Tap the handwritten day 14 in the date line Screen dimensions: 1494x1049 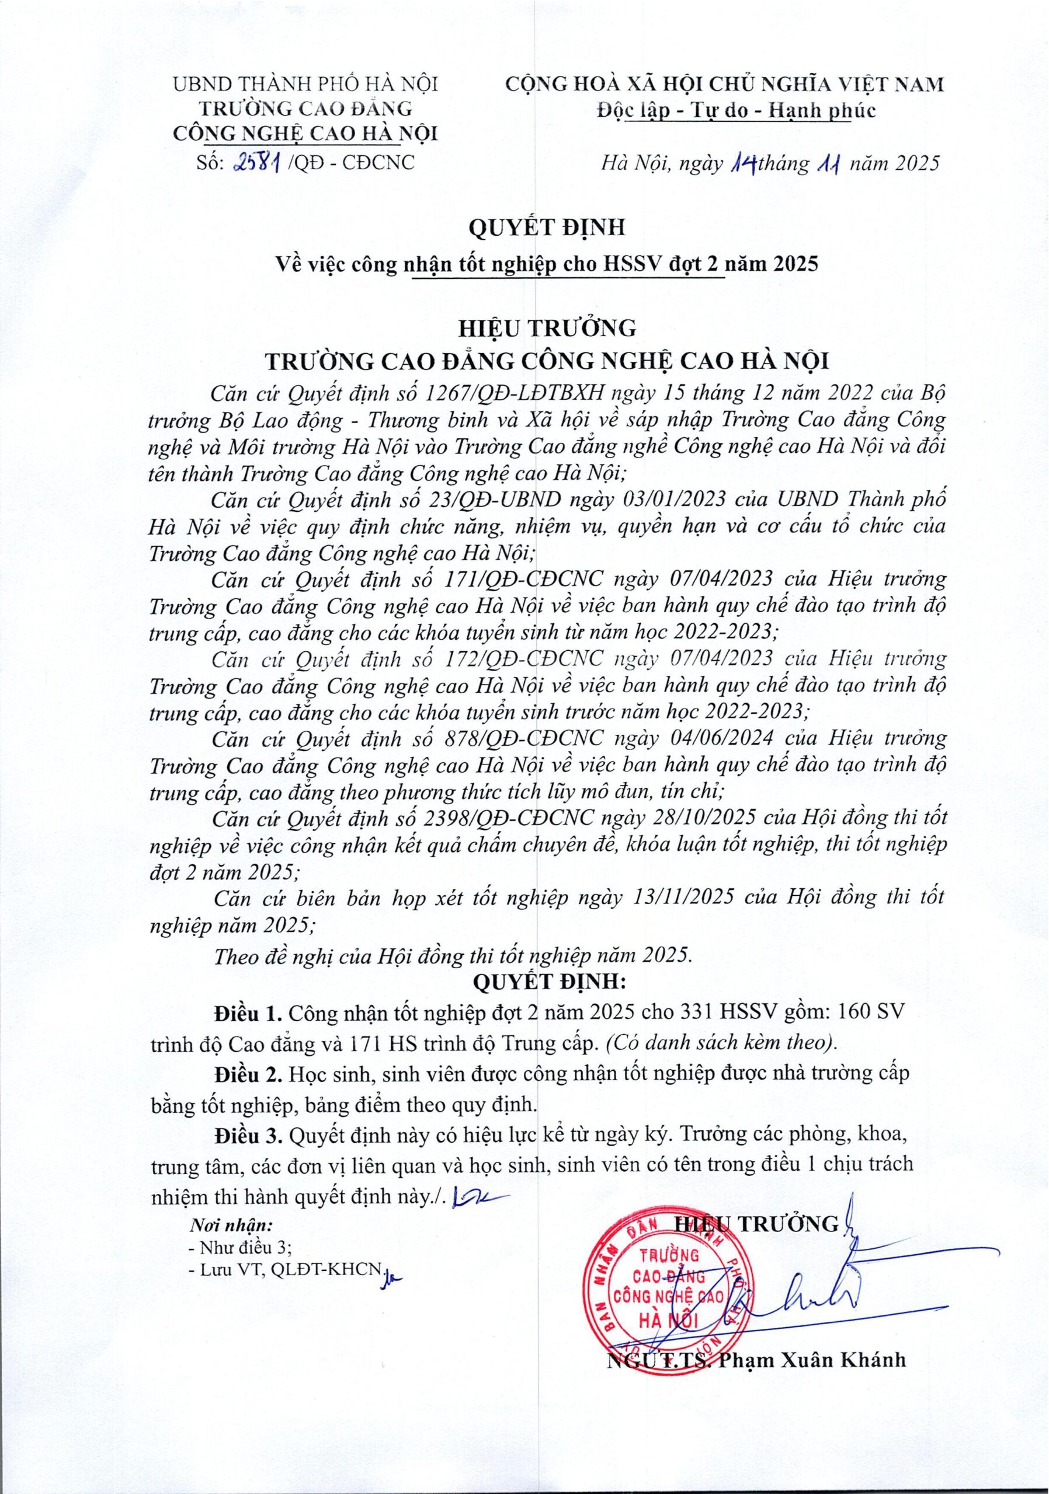[x=743, y=163]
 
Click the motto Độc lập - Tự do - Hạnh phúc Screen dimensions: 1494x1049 [x=737, y=111]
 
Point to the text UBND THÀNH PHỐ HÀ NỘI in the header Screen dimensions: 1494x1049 [x=305, y=85]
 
